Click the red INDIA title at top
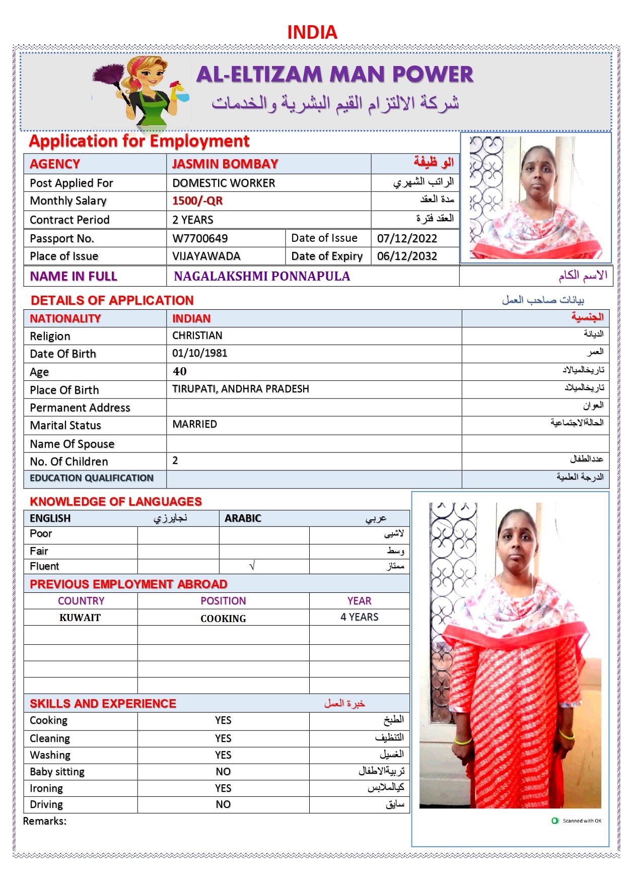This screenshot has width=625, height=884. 312,32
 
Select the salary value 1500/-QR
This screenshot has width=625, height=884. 197,201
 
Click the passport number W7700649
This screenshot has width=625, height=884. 200,238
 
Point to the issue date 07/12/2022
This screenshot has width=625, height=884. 407,238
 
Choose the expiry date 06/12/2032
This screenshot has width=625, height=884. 407,256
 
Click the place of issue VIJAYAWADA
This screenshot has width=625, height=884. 206,256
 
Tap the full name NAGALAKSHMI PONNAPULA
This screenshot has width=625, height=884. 262,276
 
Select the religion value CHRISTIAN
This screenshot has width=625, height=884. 197,335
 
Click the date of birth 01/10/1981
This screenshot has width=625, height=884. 199,353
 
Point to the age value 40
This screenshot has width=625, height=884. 179,371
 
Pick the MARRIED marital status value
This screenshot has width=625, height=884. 194,424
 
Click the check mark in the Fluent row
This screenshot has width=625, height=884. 252,566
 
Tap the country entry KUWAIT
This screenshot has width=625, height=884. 80,618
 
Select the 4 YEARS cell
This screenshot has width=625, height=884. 359,617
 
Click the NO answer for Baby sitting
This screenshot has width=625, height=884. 223,772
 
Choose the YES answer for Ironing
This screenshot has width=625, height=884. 223,788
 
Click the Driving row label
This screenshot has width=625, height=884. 46,804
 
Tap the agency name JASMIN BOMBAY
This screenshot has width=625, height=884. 225,164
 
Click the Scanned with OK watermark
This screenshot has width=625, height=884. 577,821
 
